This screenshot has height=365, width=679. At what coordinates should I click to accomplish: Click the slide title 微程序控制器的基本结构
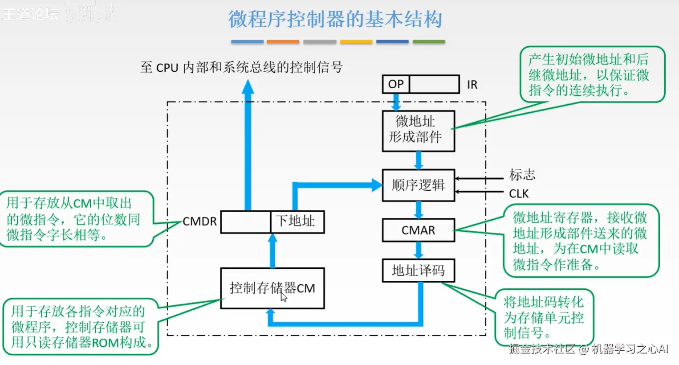click(x=335, y=20)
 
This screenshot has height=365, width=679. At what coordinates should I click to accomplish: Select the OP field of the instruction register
click(x=395, y=84)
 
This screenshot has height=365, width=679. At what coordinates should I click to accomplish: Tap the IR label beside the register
click(x=472, y=85)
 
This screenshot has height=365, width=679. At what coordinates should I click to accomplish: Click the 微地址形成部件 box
click(x=418, y=131)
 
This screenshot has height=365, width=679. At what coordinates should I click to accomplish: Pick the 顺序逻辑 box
click(x=418, y=185)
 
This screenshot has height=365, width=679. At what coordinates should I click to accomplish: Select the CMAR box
click(x=418, y=230)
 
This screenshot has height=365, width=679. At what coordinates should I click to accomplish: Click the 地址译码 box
click(x=418, y=270)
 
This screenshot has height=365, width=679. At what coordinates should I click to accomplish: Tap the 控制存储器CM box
click(x=272, y=288)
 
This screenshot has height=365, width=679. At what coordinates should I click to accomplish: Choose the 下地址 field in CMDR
click(x=297, y=221)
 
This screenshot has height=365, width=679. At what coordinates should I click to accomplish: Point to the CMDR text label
click(x=199, y=221)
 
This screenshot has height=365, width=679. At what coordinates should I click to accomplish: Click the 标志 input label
click(x=522, y=175)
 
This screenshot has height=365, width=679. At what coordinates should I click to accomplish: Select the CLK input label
click(x=519, y=194)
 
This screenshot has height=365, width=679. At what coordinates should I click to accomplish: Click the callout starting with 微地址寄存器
click(x=581, y=241)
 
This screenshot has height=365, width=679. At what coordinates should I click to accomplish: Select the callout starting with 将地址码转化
click(x=544, y=317)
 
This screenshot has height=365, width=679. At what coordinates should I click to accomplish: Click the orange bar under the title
click(x=283, y=42)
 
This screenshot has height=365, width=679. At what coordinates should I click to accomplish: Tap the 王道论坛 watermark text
click(x=30, y=14)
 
